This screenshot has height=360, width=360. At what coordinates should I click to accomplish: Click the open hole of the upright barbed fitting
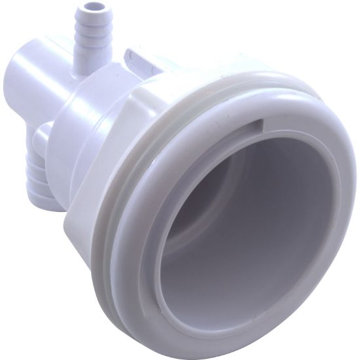[x=86, y=9]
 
